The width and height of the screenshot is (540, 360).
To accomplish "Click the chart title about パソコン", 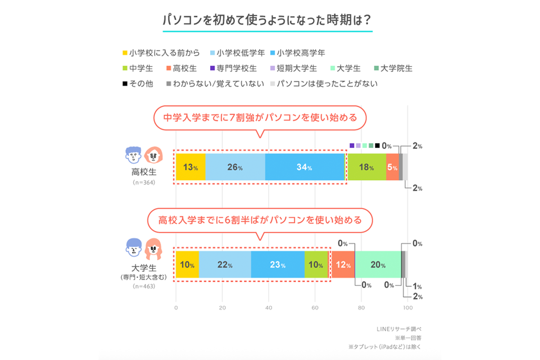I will [267, 21].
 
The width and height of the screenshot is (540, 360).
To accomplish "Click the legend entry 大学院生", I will [392, 68].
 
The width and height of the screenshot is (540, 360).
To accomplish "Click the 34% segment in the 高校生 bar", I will [305, 167].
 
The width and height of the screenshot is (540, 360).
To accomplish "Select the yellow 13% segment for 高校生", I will [190, 167].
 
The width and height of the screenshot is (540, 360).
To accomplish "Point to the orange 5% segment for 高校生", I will [392, 167].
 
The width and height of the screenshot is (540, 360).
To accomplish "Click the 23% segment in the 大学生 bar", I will [277, 265].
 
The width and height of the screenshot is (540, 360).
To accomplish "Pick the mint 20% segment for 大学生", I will [378, 265].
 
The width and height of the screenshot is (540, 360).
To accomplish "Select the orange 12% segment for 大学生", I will [343, 265].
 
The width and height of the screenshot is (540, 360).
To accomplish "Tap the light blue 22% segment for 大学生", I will [225, 265].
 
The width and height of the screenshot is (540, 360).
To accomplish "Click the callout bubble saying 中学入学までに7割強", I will [260, 118].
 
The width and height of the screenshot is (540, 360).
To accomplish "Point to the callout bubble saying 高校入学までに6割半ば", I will [260, 220].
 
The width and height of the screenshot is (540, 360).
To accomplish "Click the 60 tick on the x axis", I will [315, 308].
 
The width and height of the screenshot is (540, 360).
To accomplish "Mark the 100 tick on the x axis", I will [407, 308].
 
